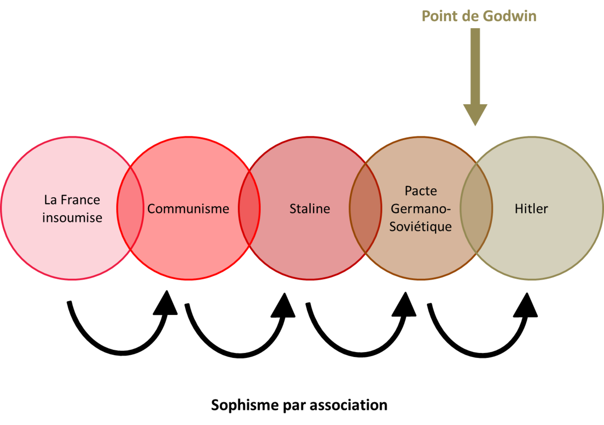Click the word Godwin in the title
[x=510, y=16]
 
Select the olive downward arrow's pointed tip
[x=475, y=125]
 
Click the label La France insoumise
[x=72, y=209]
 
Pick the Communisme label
[x=188, y=209]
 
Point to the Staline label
[x=310, y=209]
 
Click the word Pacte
[x=421, y=191]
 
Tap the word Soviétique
[x=420, y=227]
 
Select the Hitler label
[x=531, y=209]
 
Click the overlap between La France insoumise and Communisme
[x=130, y=208]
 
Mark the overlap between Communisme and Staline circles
[x=249, y=208]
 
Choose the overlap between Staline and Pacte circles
[x=365, y=208]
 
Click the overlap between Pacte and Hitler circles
[x=476, y=208]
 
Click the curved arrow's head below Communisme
[x=166, y=303]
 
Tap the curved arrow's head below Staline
[x=283, y=306]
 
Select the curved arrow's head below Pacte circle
[x=404, y=305]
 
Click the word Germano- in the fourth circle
[x=421, y=209]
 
